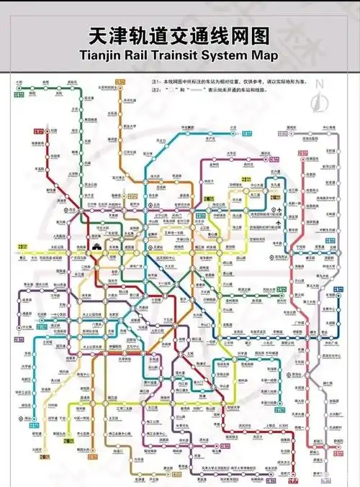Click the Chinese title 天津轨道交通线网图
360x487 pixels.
pyautogui.click(x=179, y=35)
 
